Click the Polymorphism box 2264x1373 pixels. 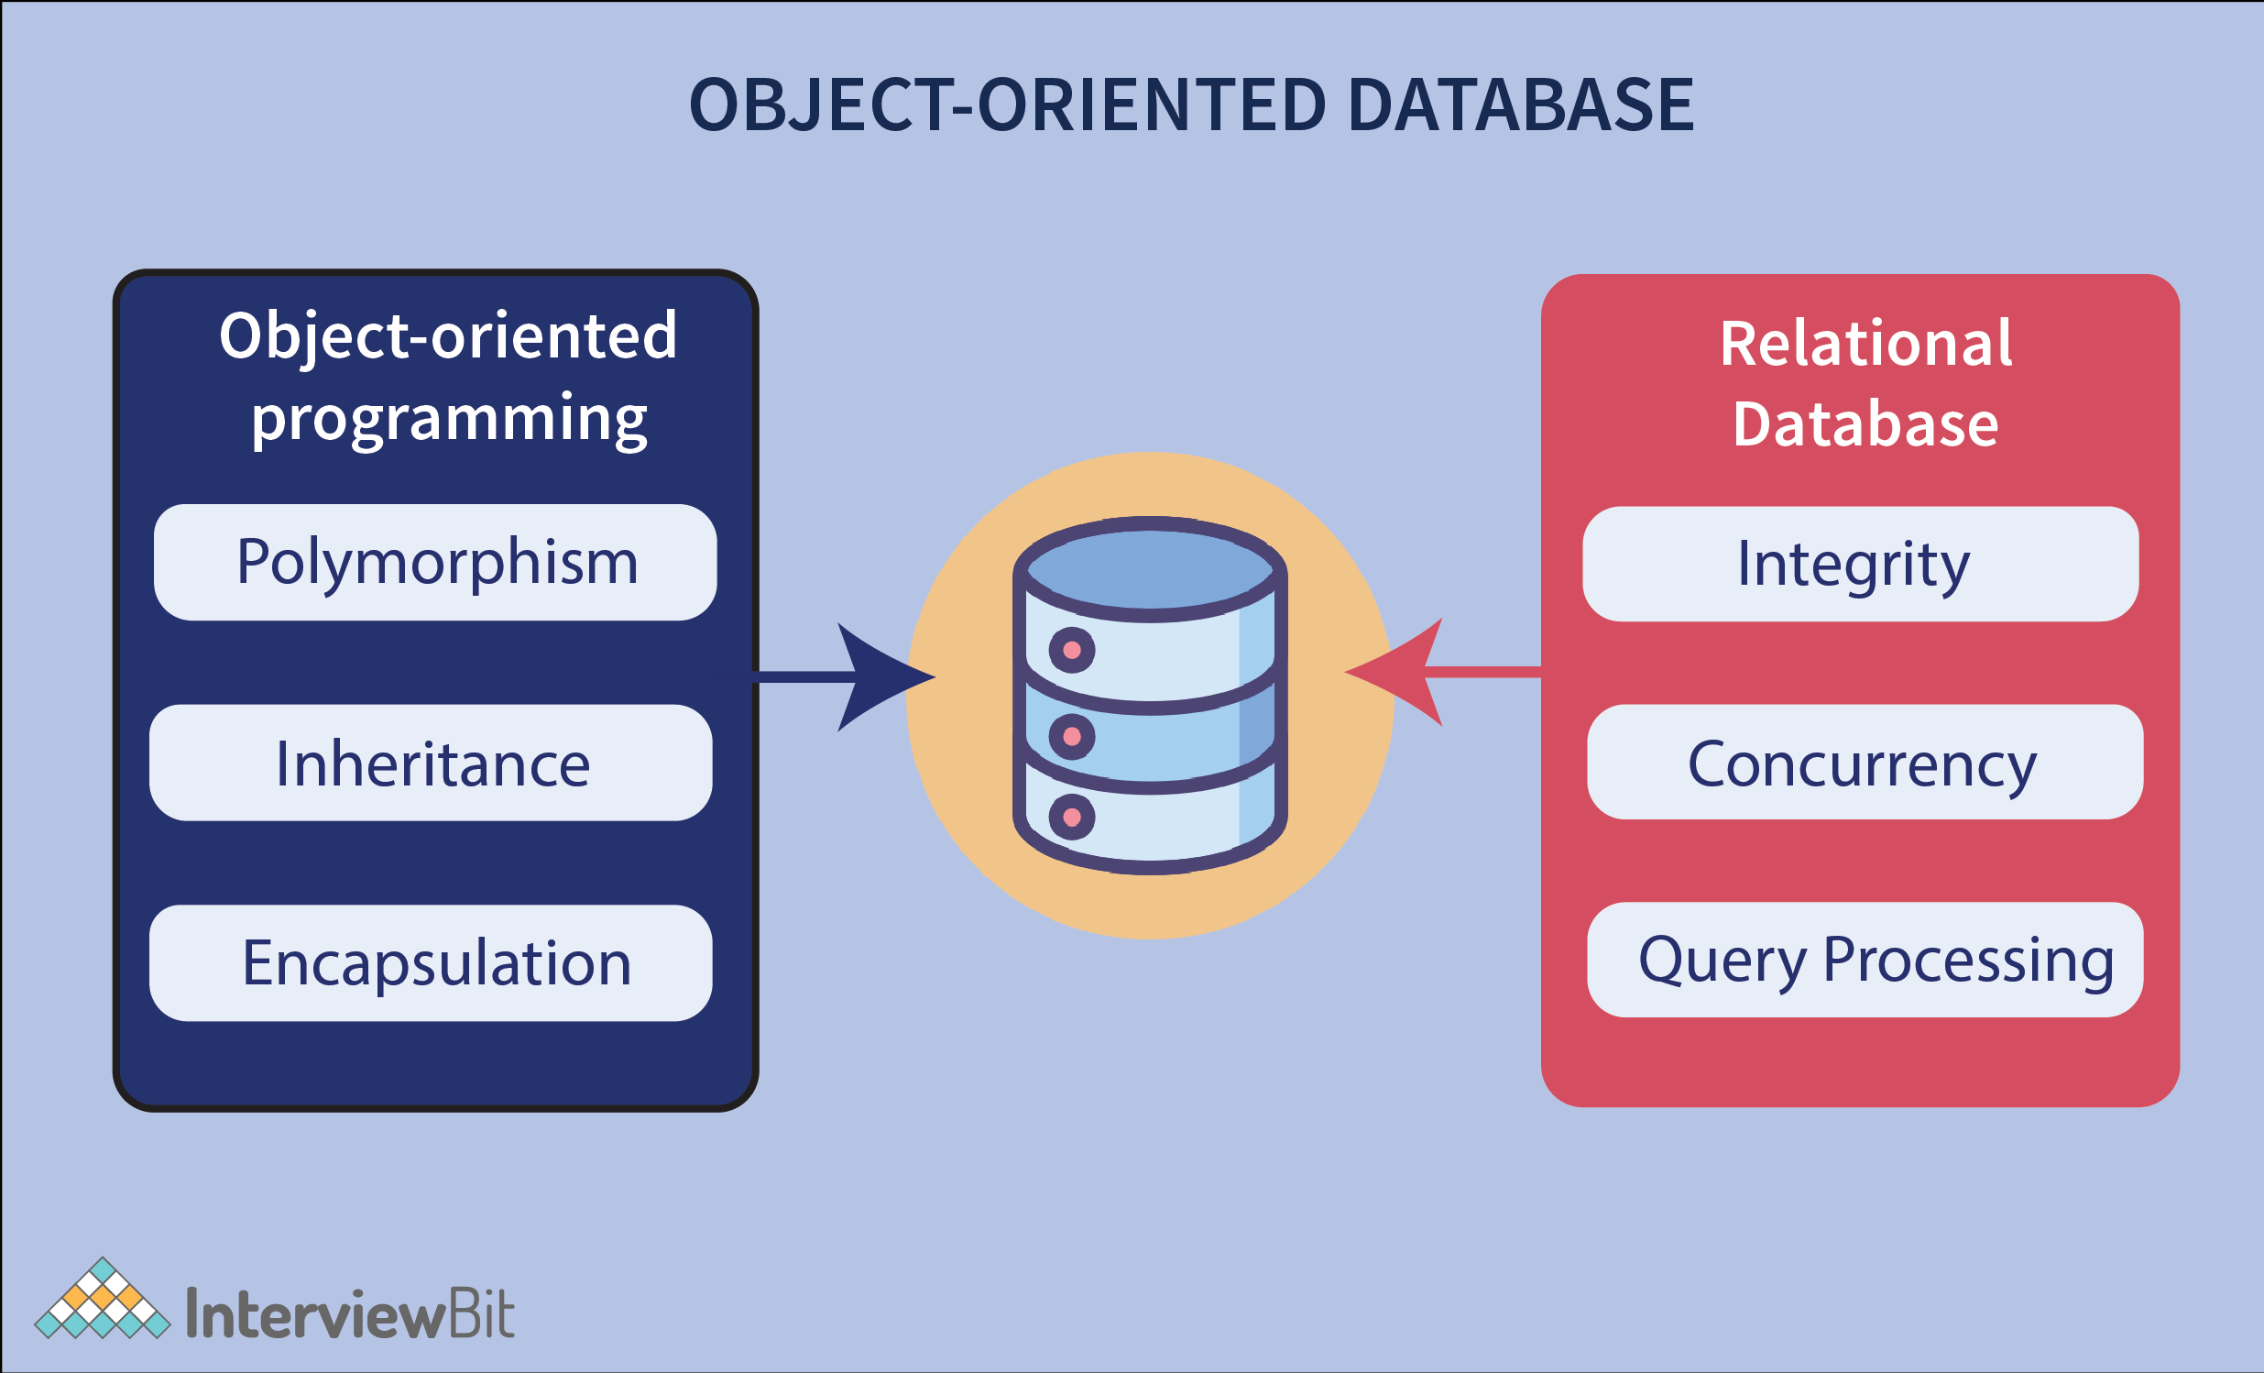tap(434, 562)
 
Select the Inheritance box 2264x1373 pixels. tap(430, 763)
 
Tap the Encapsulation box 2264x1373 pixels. tap(430, 962)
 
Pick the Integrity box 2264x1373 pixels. tap(1860, 564)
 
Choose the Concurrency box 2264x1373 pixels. tap(1865, 762)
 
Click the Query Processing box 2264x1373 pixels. tap(1865, 960)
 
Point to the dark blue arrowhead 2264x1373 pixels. tap(878, 677)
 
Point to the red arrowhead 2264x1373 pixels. tap(1401, 673)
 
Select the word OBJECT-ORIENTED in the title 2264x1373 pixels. tap(1006, 104)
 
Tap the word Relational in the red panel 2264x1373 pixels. tap(1865, 343)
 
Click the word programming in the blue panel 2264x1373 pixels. tap(449, 418)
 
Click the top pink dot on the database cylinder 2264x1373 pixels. tap(1071, 651)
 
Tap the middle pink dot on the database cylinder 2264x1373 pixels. tap(1071, 736)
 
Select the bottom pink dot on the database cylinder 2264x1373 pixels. tap(1071, 817)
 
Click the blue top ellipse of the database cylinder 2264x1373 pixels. tap(1150, 569)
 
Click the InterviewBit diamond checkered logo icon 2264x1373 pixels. tap(102, 1300)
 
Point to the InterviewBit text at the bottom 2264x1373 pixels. tap(349, 1314)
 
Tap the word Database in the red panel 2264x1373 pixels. tap(1865, 423)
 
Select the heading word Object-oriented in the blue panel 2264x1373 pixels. tap(447, 335)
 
